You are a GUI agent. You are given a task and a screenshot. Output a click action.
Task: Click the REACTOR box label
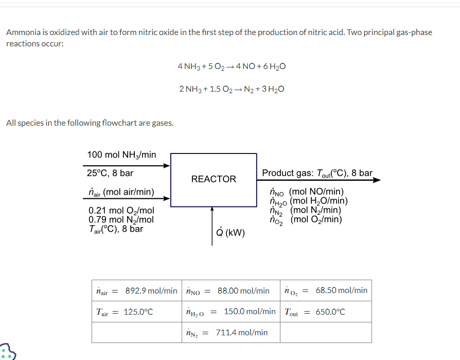(214, 179)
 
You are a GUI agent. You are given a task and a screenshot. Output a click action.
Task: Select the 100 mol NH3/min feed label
(121, 155)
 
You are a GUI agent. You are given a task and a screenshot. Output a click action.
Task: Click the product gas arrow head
(377, 180)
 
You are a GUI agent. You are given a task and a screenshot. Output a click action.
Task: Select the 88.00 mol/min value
(243, 290)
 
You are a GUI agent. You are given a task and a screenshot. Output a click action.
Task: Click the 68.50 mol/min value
(341, 290)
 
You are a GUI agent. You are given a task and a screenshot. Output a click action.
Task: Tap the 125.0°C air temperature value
(138, 312)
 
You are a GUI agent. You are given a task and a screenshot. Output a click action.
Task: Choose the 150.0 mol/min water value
(250, 312)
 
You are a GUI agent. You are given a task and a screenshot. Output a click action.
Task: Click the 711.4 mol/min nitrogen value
(241, 333)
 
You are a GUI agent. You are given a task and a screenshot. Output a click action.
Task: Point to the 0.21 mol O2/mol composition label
(121, 211)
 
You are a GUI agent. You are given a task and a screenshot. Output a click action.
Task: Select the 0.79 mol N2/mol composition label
(121, 220)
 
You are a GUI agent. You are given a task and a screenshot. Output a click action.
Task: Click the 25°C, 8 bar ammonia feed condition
(110, 173)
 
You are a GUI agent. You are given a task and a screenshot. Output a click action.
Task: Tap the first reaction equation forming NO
(232, 66)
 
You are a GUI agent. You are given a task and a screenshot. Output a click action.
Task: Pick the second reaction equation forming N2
(232, 89)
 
